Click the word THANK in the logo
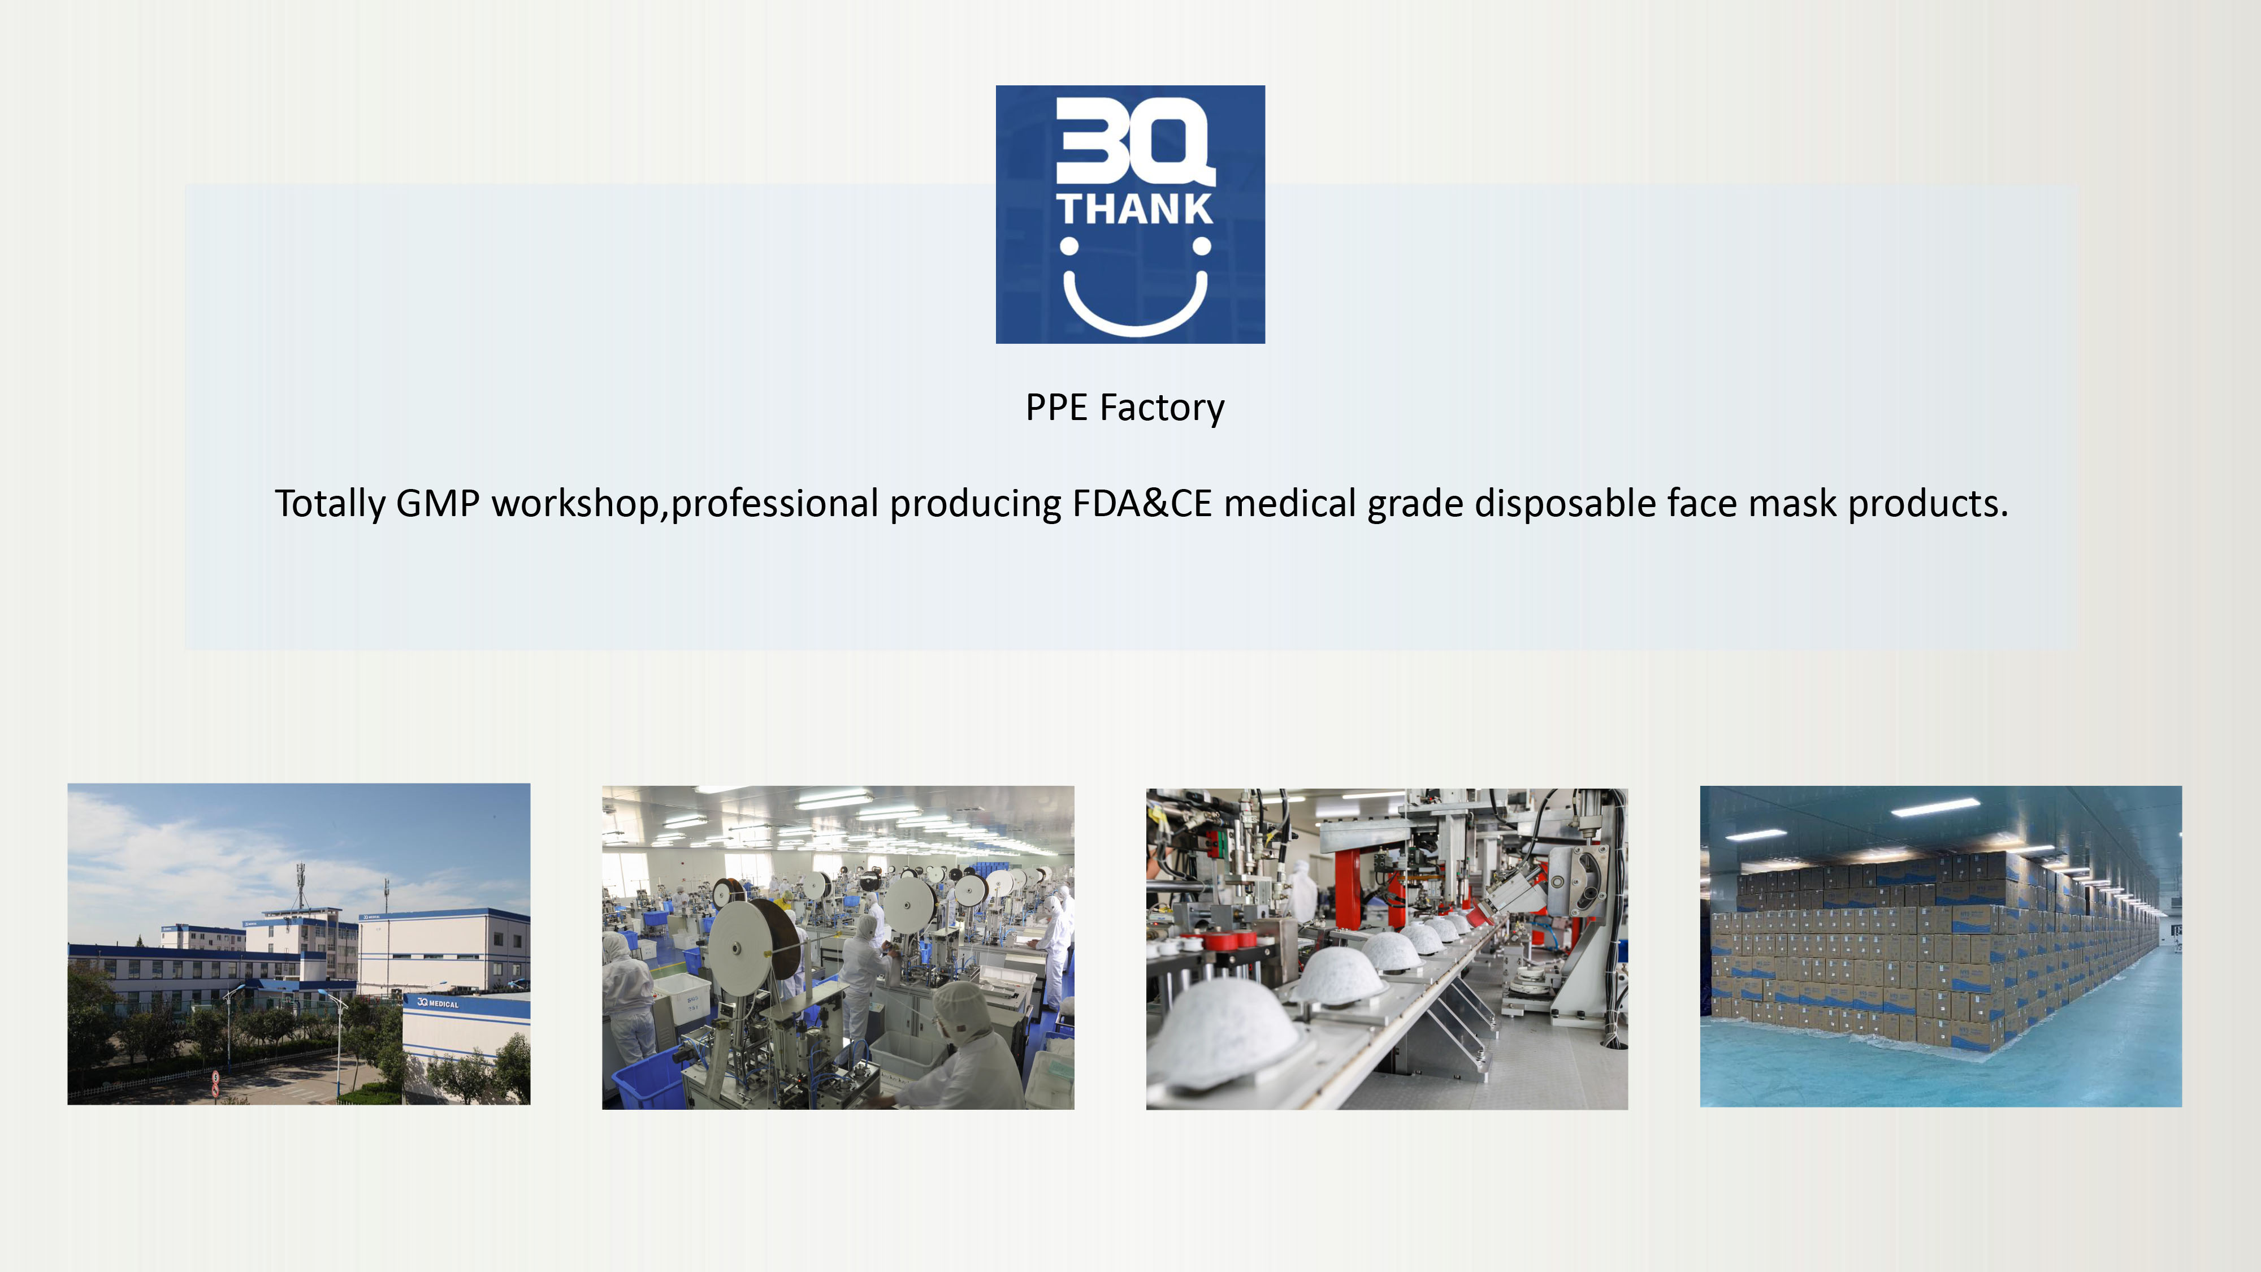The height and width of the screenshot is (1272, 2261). click(1134, 209)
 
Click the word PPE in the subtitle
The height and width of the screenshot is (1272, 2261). click(1057, 407)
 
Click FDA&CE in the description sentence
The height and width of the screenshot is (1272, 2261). click(1142, 504)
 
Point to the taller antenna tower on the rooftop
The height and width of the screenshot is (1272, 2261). click(301, 886)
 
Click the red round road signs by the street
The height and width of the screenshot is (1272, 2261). click(215, 1083)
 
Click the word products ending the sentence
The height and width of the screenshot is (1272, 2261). click(1928, 505)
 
